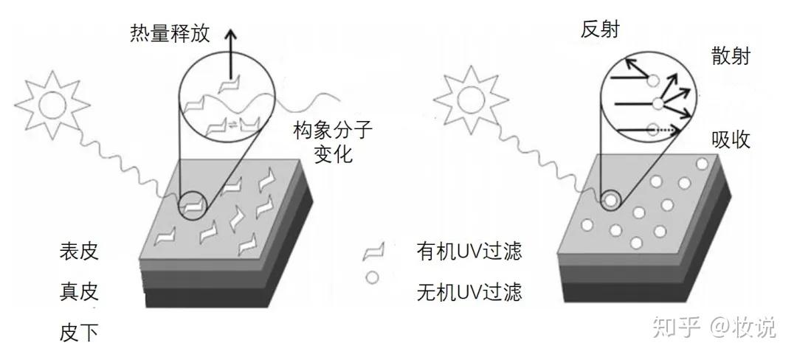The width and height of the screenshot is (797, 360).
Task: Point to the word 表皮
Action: (79, 252)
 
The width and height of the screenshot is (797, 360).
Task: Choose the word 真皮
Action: (79, 292)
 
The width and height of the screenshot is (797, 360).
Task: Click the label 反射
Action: (600, 29)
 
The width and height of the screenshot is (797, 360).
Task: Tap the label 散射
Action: (731, 55)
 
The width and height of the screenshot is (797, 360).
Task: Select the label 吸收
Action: (731, 139)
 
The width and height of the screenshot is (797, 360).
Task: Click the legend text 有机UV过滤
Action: (469, 252)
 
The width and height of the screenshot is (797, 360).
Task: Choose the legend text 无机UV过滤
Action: (469, 293)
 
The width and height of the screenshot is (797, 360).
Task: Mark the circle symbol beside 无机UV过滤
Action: (373, 279)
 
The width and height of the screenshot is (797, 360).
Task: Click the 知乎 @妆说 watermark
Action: (712, 327)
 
